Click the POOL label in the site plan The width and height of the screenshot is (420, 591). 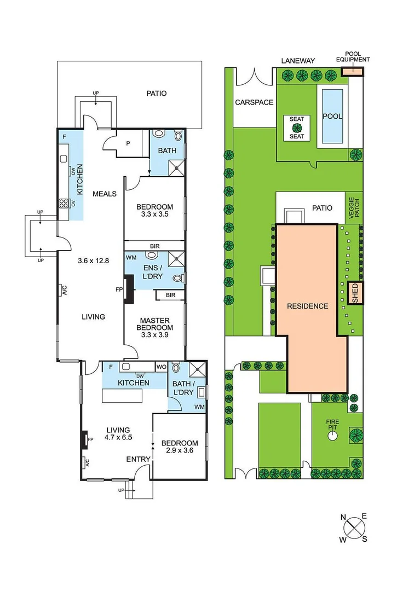point(332,116)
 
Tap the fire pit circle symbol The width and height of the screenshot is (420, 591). point(332,436)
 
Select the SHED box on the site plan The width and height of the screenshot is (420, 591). point(354,294)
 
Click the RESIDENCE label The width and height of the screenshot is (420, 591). point(307,306)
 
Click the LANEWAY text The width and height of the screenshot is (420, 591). point(298,61)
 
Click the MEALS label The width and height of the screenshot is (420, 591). point(104,193)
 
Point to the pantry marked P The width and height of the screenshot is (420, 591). point(128,144)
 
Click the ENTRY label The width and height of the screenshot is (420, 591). point(138,459)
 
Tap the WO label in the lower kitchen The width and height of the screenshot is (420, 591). point(162,367)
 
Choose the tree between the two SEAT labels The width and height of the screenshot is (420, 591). point(296,128)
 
